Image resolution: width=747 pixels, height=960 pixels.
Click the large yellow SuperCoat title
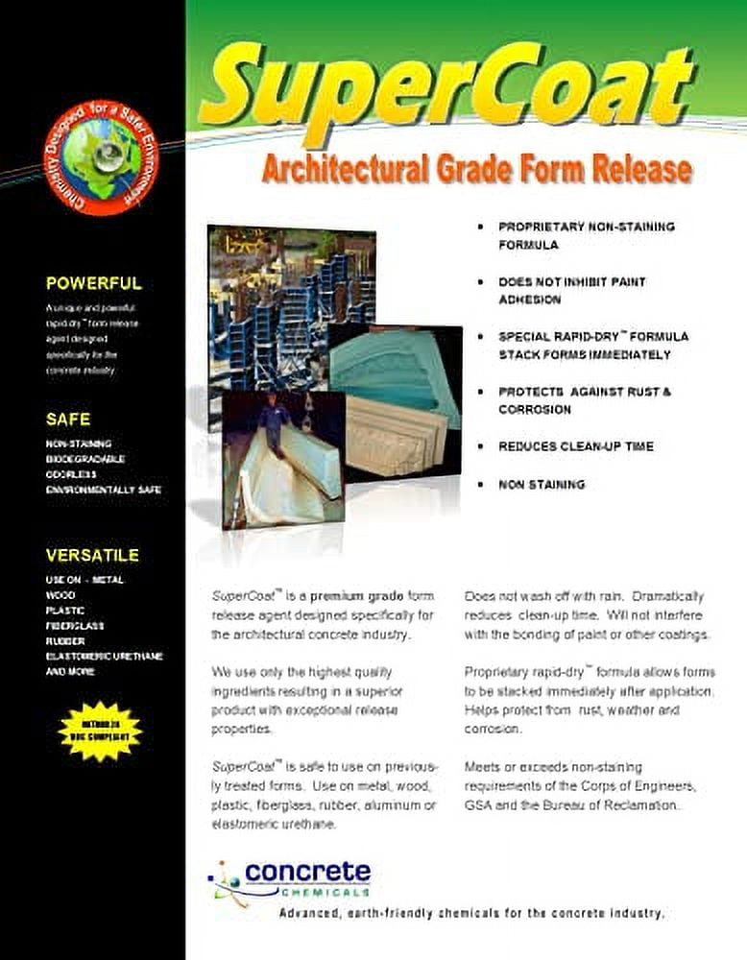click(446, 87)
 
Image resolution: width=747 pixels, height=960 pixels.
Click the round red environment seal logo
click(101, 159)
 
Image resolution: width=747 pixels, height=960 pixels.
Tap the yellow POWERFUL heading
click(93, 283)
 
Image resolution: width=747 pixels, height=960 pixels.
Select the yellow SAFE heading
click(67, 420)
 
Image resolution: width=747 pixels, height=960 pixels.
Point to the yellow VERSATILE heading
click(92, 555)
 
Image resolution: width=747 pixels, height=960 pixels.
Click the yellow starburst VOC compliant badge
click(100, 731)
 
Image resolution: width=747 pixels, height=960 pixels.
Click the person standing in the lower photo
click(271, 432)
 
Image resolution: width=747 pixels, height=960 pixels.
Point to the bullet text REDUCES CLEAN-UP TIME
click(575, 446)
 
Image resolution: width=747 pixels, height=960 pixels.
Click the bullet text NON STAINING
click(541, 485)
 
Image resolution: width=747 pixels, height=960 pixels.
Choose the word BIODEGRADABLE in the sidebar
click(85, 459)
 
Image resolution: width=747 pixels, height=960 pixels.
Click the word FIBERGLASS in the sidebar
click(74, 626)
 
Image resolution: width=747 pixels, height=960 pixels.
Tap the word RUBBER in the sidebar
click(64, 641)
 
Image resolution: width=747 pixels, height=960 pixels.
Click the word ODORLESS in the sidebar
click(70, 474)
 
